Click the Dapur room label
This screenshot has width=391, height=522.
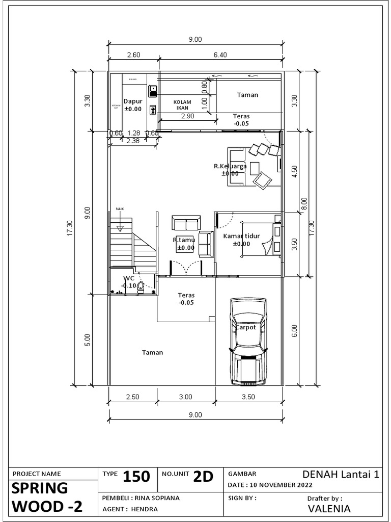click(133, 101)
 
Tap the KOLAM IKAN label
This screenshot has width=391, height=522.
click(182, 105)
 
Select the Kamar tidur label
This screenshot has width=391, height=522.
click(242, 236)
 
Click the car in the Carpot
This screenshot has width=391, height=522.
click(248, 342)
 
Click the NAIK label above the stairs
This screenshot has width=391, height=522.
click(120, 208)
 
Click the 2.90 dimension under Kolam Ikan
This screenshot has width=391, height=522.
click(187, 117)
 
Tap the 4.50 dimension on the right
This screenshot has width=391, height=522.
click(294, 171)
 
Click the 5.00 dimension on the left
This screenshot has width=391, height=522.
click(87, 340)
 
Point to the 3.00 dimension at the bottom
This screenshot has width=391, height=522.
click(185, 397)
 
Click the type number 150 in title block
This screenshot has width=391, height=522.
click(136, 477)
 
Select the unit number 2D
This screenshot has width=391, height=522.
click(202, 477)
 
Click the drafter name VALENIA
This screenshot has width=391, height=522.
click(329, 508)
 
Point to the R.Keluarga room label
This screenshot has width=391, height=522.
click(230, 166)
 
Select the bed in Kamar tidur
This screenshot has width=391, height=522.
click(260, 239)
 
